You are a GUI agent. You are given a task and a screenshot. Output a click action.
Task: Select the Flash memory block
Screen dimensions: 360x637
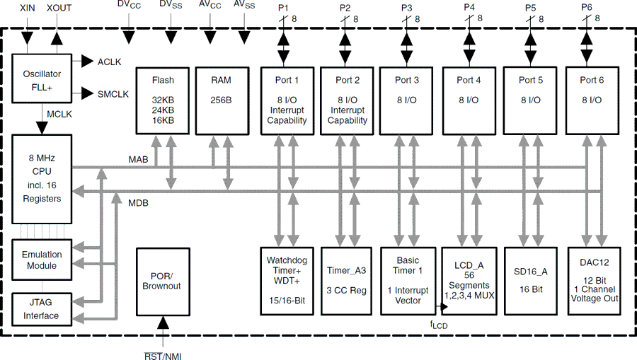point(162,100)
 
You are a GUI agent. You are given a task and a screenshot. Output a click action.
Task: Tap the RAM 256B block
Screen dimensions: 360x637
point(221,100)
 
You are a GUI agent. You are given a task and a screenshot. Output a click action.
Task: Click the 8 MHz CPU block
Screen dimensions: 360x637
point(42,178)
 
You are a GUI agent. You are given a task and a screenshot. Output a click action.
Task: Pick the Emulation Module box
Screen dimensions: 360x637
point(42,260)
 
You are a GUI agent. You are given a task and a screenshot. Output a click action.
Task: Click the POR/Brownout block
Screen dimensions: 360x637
point(162,281)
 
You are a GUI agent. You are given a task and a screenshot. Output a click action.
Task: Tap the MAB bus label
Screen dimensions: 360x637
point(138,160)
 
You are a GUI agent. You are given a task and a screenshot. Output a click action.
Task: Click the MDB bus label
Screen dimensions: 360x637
point(138,203)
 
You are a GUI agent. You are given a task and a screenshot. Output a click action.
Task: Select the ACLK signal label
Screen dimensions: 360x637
point(109,62)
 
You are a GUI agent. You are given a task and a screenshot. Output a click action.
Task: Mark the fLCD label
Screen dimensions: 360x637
point(440,325)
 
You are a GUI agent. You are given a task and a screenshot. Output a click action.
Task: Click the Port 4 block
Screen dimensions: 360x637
point(469,100)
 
